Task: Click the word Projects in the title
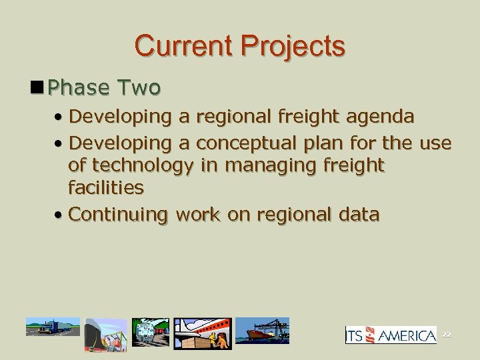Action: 293,46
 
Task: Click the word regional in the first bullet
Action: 238,117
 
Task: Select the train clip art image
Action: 151,332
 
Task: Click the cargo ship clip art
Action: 263,329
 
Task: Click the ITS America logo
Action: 391,335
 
